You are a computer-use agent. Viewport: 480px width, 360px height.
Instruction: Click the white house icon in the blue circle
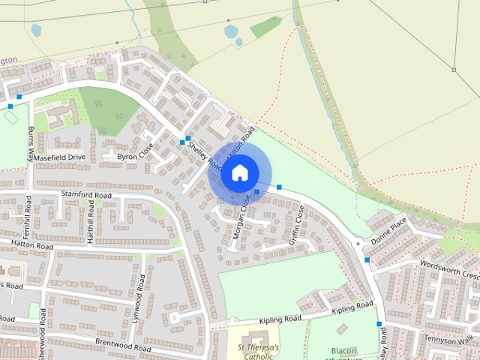tap(239, 172)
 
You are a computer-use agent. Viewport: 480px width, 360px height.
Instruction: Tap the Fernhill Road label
tap(28, 213)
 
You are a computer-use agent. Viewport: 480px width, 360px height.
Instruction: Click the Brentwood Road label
tap(123, 343)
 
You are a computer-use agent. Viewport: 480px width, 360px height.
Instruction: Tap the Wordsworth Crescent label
tap(449, 268)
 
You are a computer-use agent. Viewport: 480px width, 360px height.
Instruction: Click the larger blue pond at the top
tap(230, 31)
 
